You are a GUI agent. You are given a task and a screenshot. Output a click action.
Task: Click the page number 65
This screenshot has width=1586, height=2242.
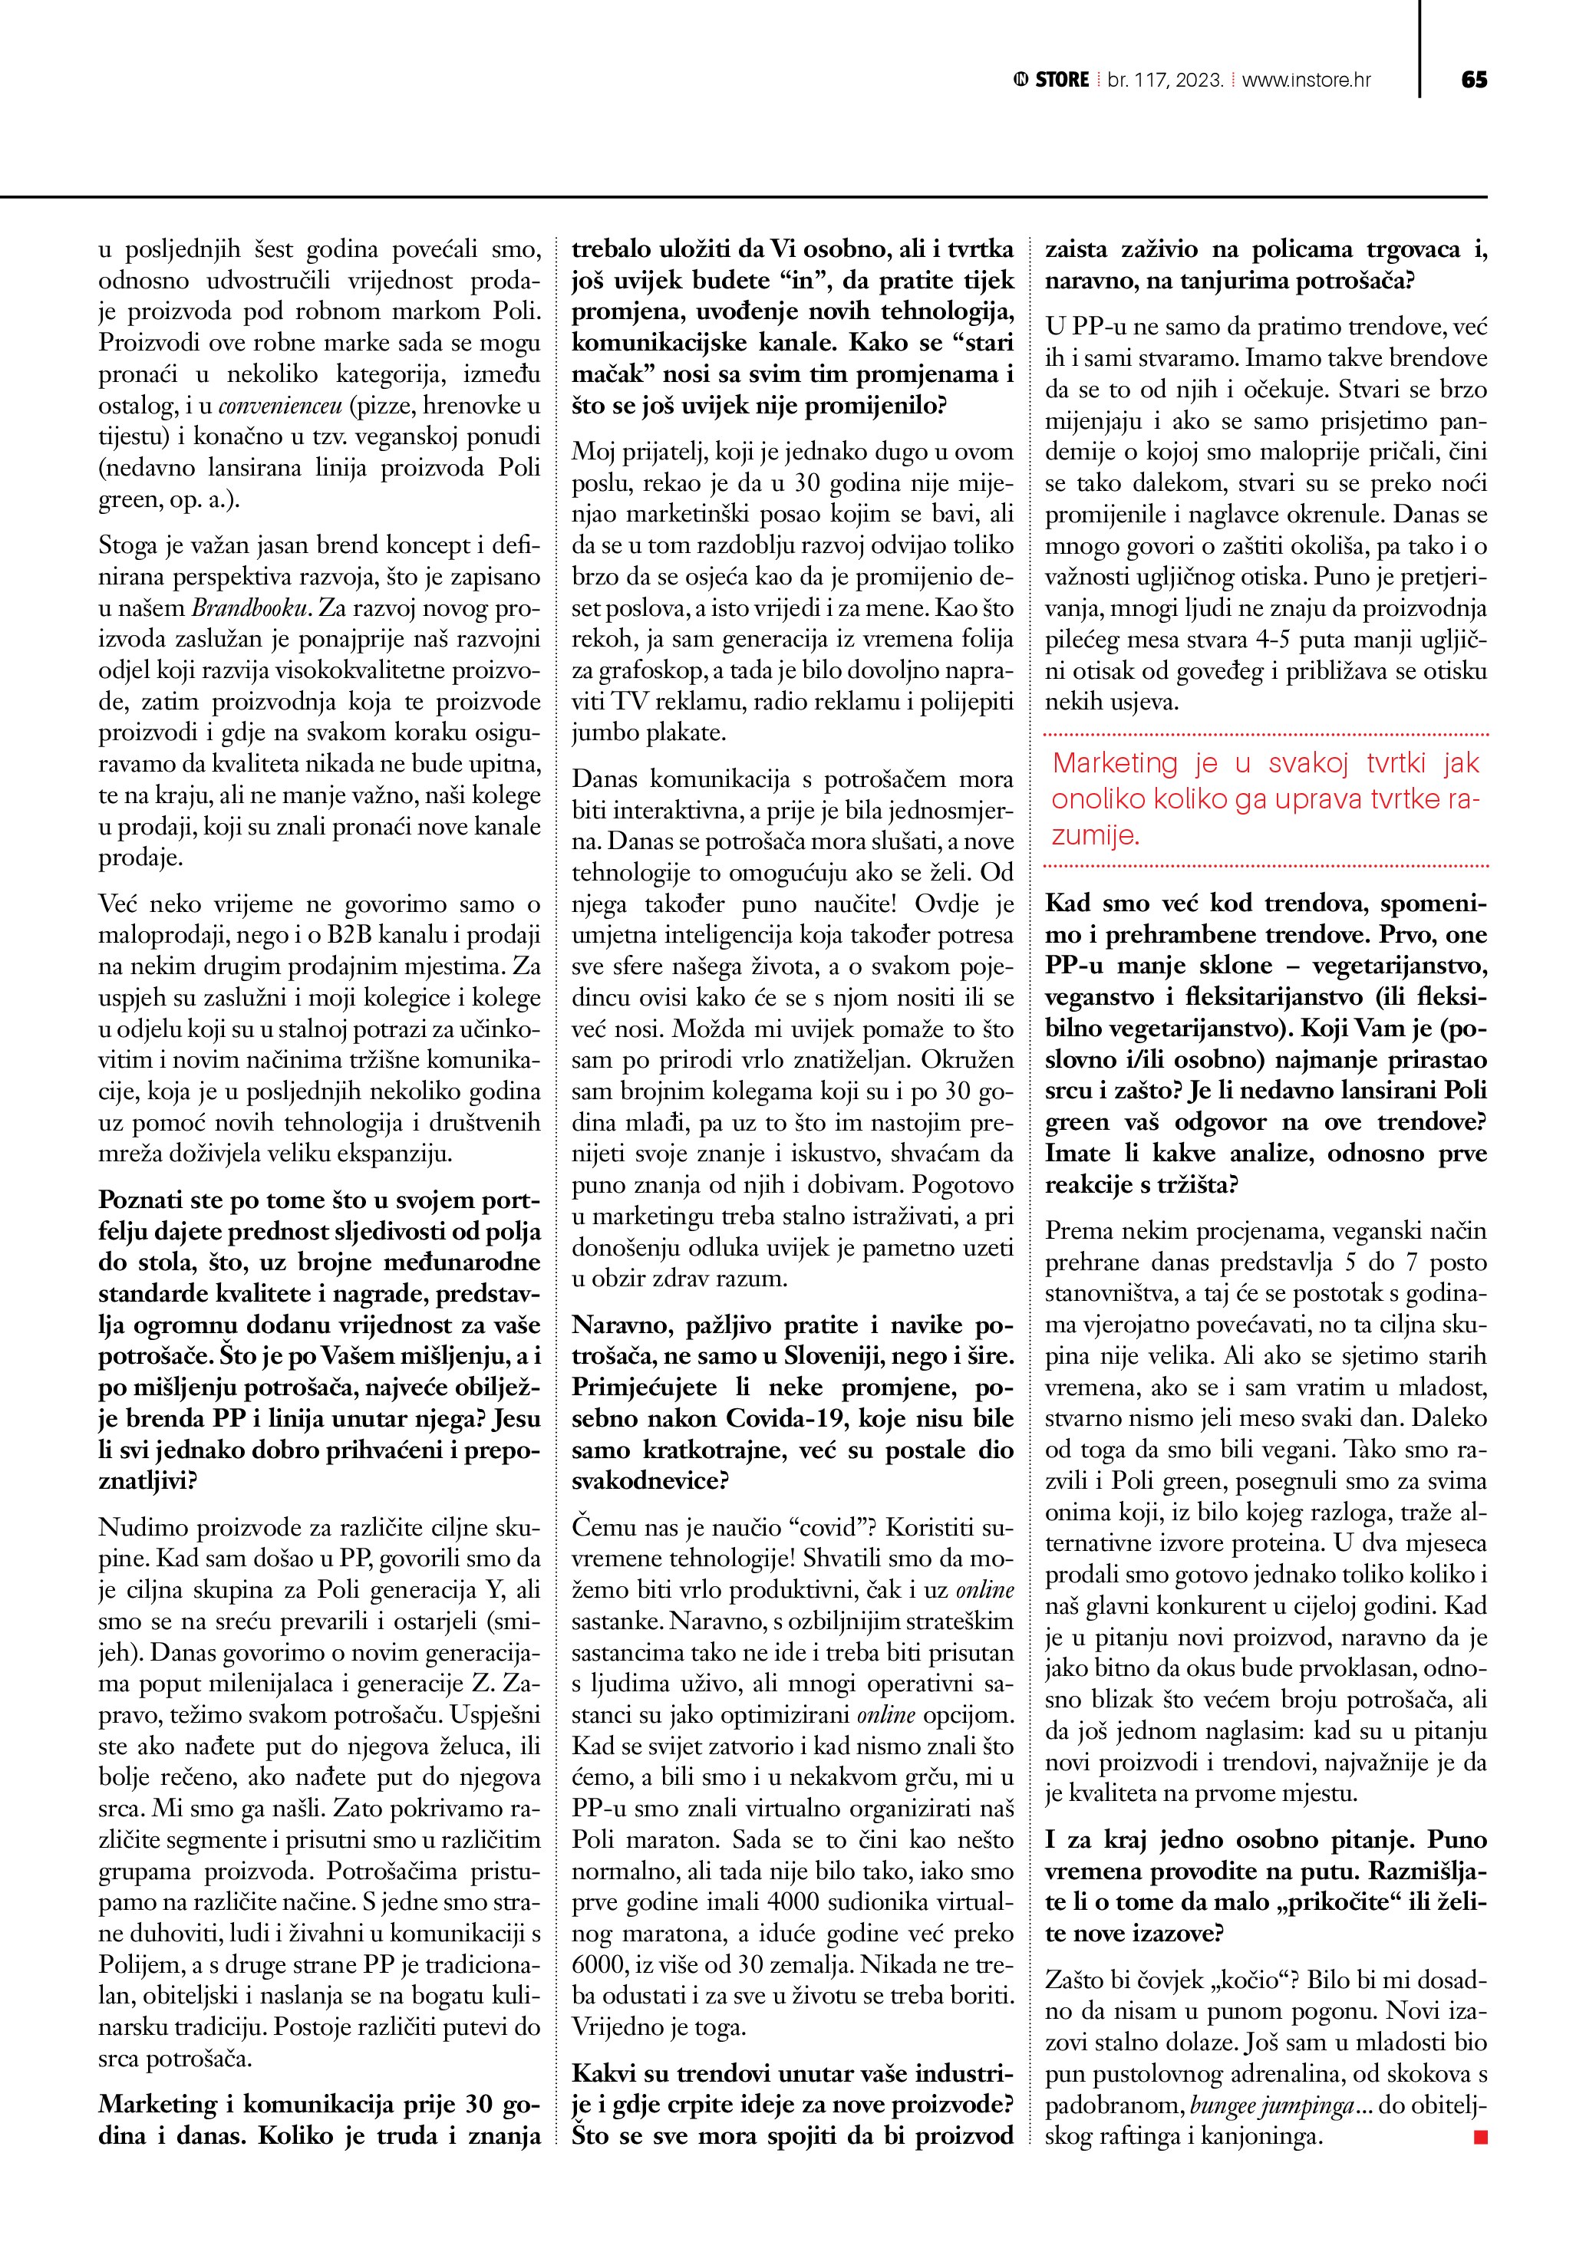click(1474, 80)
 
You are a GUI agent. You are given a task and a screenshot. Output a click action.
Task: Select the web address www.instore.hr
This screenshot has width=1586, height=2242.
click(1306, 80)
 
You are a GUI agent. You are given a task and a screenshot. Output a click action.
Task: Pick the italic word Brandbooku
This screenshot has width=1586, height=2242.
click(251, 608)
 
